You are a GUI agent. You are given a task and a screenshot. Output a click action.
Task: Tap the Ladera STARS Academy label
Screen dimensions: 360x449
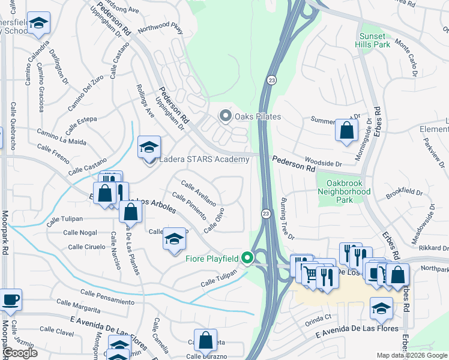click(203, 160)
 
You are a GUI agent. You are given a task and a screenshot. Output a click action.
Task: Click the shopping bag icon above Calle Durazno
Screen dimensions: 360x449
click(205, 340)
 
